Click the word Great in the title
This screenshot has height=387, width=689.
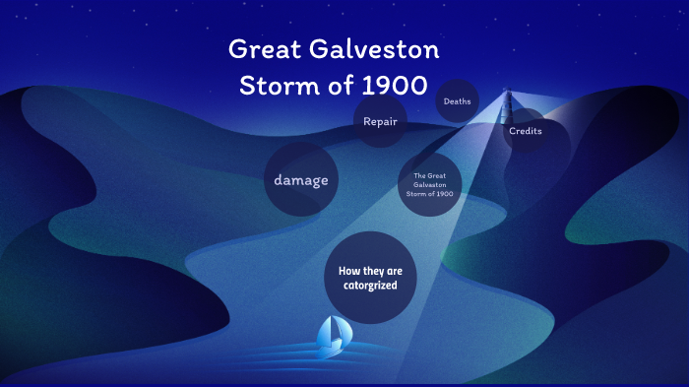[272, 49]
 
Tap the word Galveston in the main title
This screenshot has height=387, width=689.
[379, 49]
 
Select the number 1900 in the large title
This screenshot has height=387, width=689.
[395, 85]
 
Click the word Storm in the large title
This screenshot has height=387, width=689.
[279, 85]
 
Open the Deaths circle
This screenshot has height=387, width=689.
[457, 101]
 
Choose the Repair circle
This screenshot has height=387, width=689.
[380, 122]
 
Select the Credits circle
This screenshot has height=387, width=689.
[525, 131]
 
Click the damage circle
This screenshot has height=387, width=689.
[300, 180]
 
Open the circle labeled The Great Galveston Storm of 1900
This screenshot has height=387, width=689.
[429, 184]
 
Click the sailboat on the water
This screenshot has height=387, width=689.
[331, 337]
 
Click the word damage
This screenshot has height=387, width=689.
[300, 180]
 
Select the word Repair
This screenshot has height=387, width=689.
[380, 122]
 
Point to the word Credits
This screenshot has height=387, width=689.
[526, 131]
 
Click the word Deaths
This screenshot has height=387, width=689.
[457, 101]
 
